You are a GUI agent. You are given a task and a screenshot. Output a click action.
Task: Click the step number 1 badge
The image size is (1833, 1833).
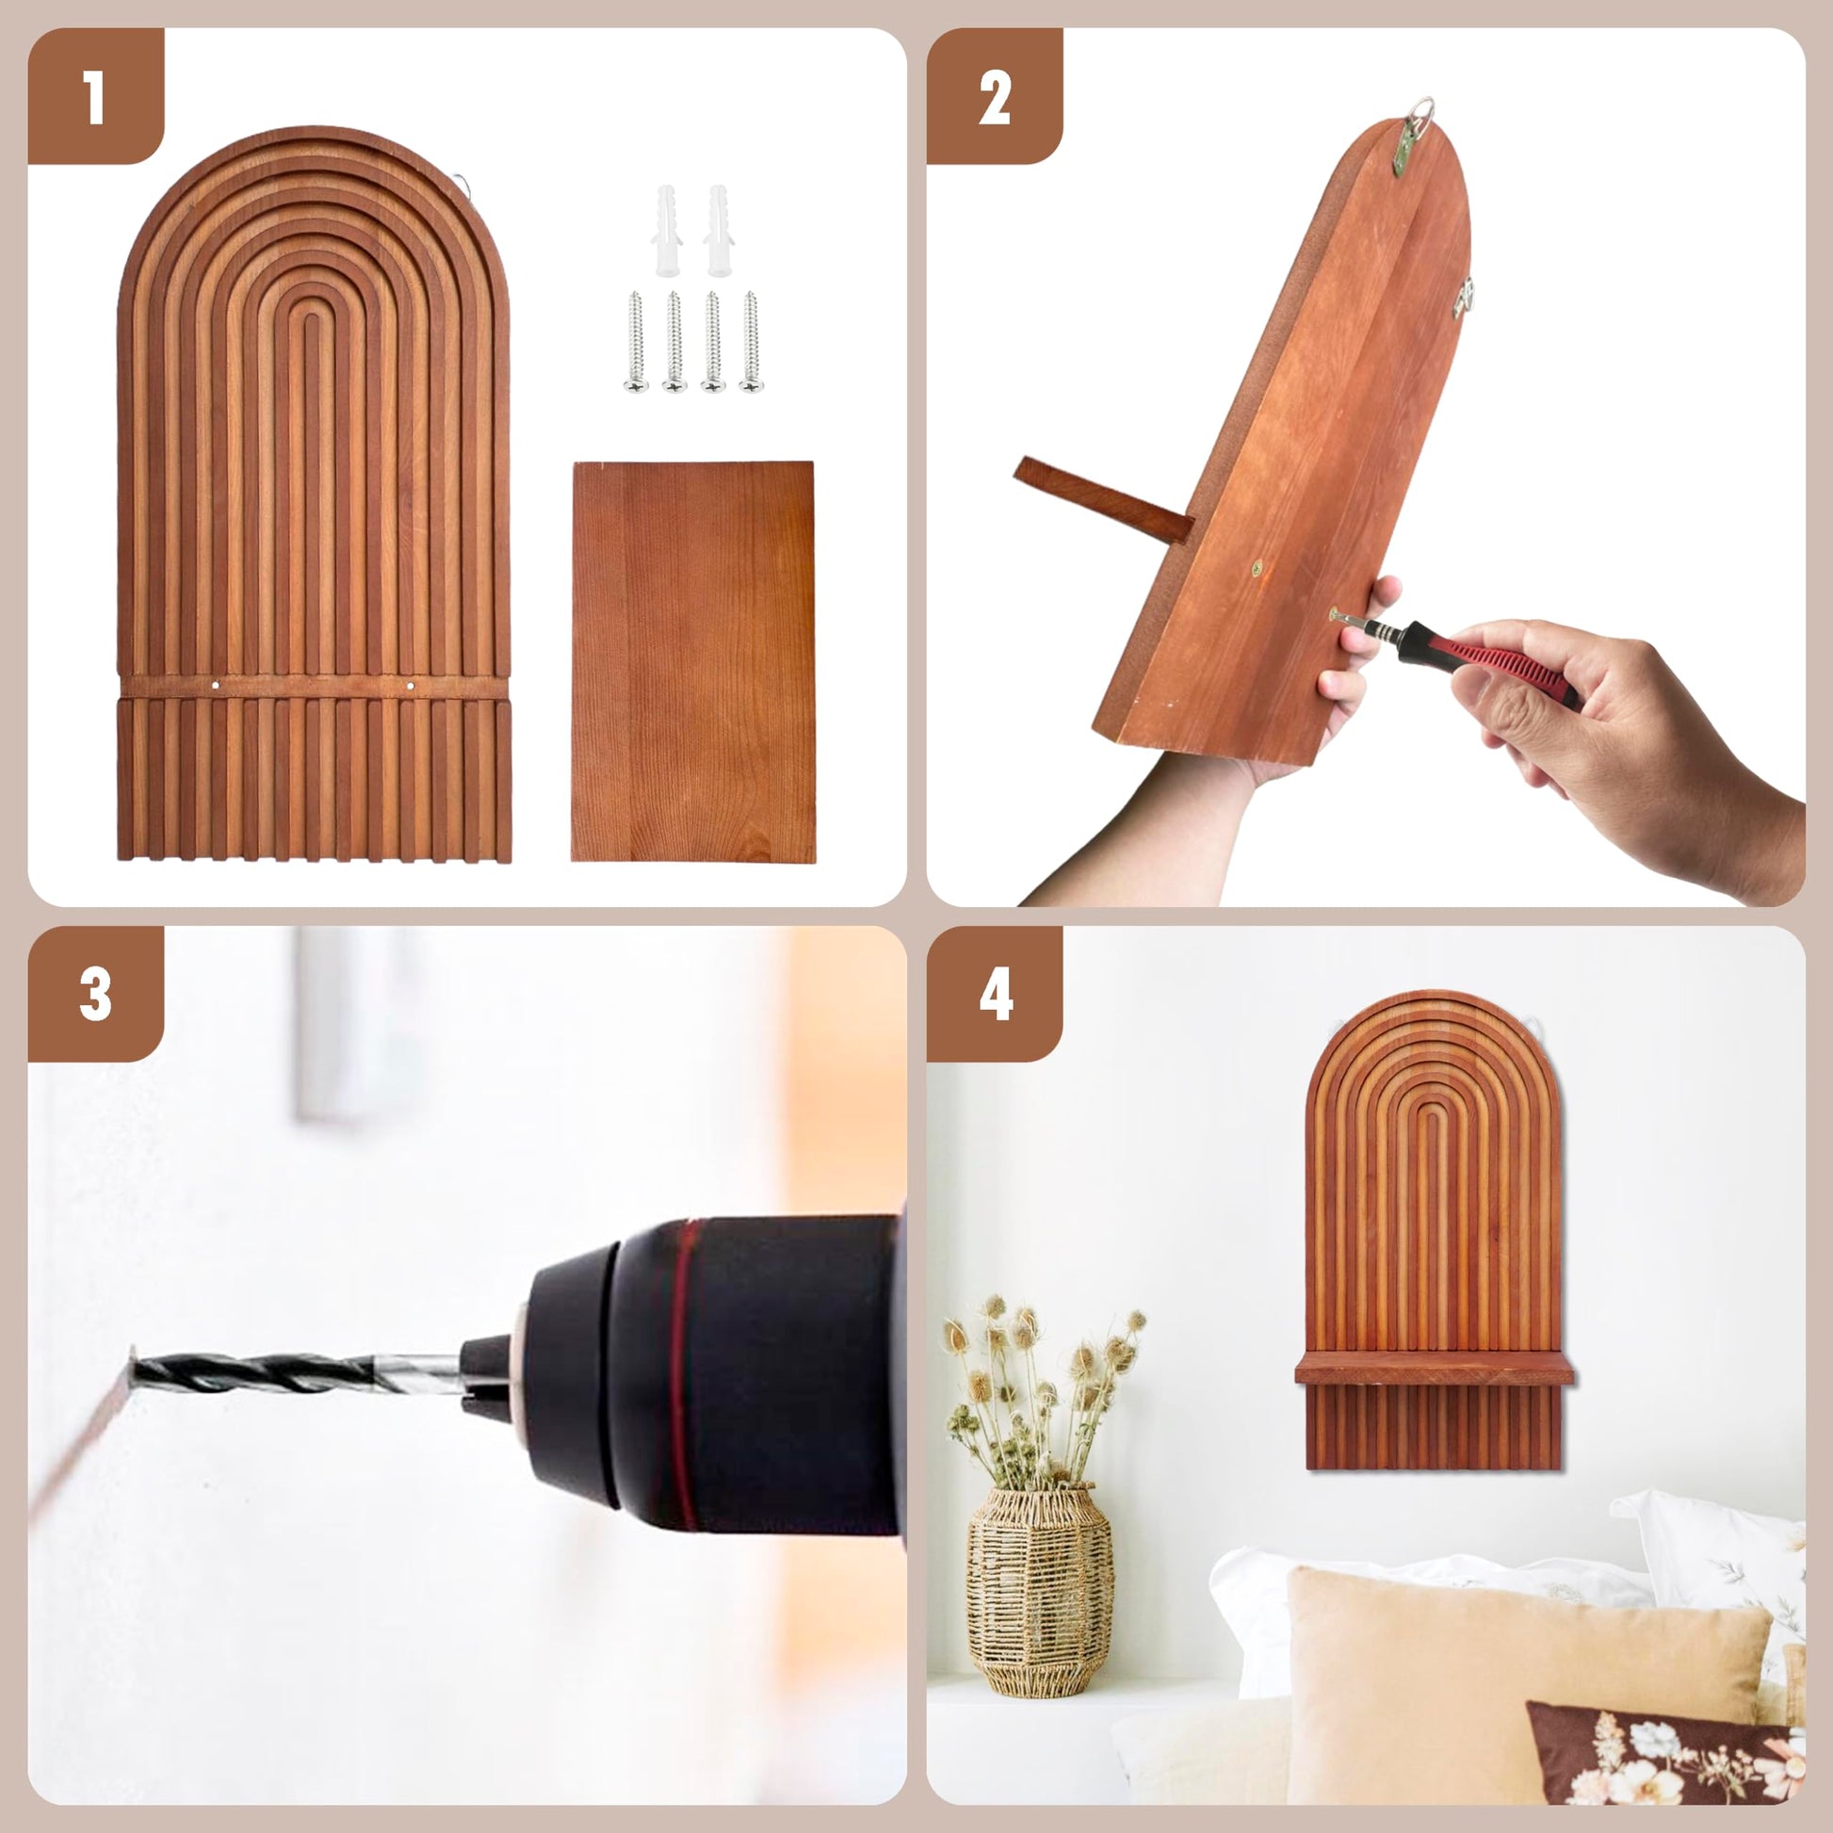pyautogui.click(x=95, y=96)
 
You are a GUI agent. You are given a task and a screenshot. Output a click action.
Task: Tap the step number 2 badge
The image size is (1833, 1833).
pyautogui.click(x=995, y=96)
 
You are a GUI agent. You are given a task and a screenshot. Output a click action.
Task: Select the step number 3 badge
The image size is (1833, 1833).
pyautogui.click(x=95, y=995)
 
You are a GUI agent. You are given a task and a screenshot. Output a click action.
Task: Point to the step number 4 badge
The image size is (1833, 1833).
pyautogui.click(x=995, y=995)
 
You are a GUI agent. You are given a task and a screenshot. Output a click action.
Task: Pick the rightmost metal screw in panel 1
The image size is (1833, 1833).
pyautogui.click(x=751, y=342)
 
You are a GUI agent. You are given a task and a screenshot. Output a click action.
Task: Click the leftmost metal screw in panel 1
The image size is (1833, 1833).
pyautogui.click(x=636, y=342)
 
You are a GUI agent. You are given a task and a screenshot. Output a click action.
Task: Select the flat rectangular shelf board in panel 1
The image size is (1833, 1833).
pyautogui.click(x=692, y=661)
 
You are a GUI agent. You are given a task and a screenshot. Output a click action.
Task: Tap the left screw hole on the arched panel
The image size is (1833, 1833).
pyautogui.click(x=217, y=684)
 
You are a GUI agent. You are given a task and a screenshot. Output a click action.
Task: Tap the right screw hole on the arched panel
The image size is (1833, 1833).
pyautogui.click(x=411, y=684)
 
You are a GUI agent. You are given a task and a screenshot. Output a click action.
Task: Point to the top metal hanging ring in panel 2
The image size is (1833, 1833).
pyautogui.click(x=1419, y=112)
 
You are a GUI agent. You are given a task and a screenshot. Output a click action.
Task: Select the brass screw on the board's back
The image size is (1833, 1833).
pyautogui.click(x=1257, y=568)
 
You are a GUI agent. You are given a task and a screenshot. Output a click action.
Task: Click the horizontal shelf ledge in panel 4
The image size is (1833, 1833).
pyautogui.click(x=1434, y=1368)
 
